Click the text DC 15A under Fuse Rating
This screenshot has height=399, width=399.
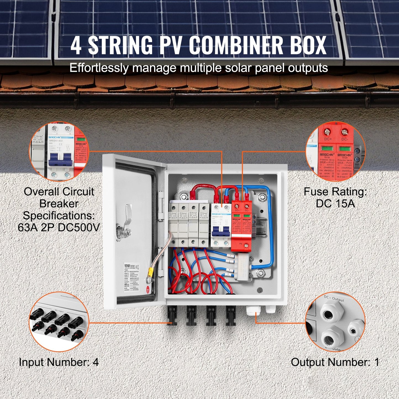335,204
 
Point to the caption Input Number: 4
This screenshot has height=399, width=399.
59,362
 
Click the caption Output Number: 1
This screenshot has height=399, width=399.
335,362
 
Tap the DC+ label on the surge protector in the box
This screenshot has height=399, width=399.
237,210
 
